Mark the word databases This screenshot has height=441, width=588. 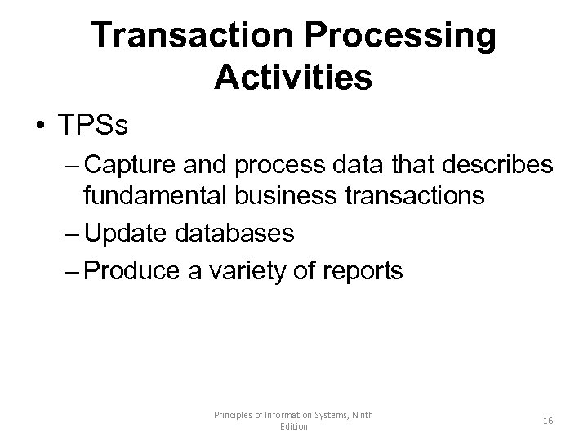(232, 234)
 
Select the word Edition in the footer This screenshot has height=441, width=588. (293, 427)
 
